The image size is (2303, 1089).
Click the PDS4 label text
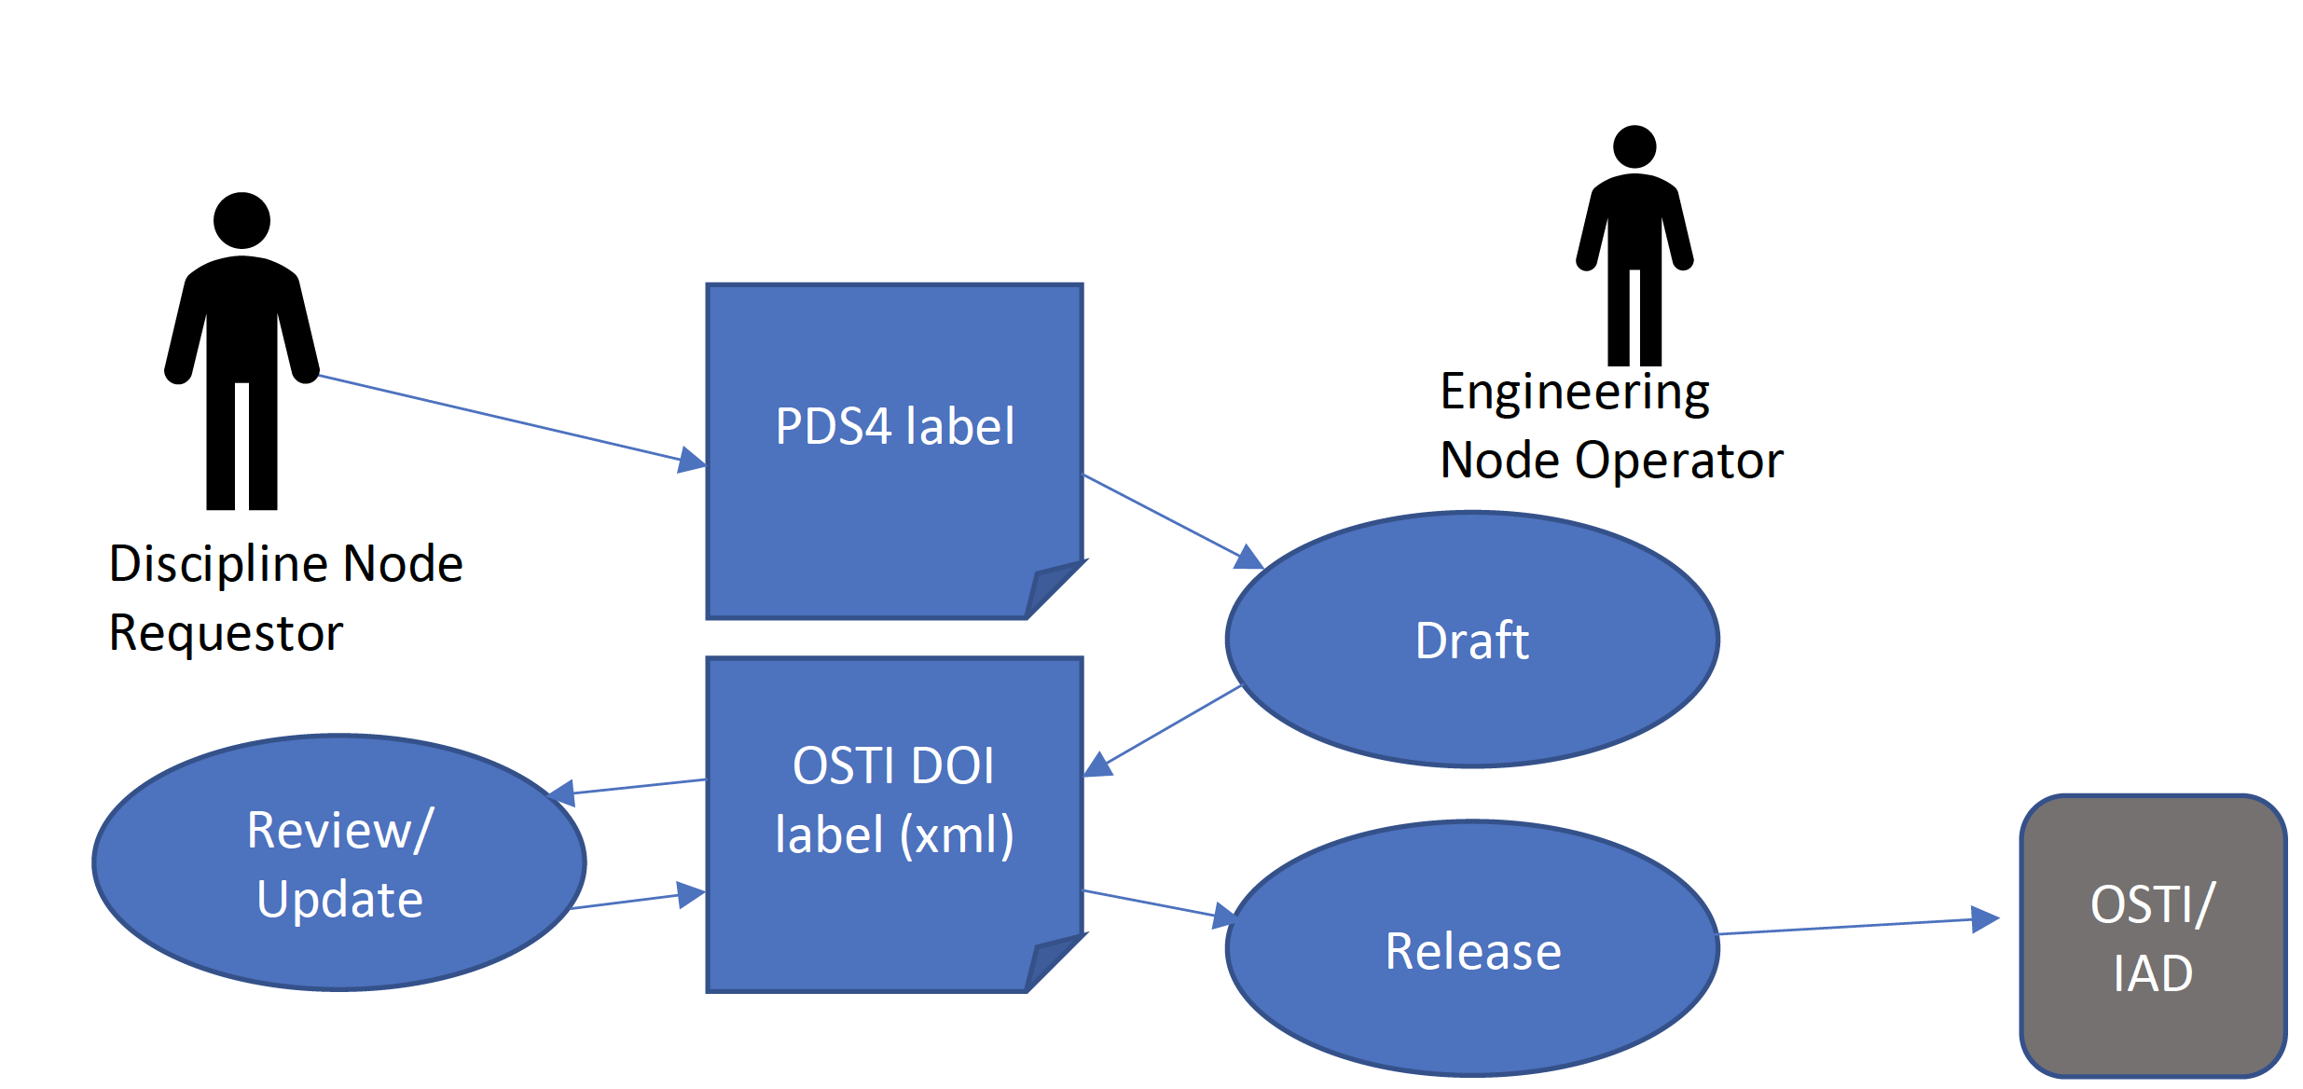coord(894,426)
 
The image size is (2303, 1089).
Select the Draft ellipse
coord(1472,640)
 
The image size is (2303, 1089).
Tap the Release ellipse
coord(1472,950)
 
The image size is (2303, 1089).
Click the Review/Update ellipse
coord(339,863)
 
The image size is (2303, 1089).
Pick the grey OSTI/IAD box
coord(2152,937)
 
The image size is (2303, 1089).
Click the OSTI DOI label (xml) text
coord(894,800)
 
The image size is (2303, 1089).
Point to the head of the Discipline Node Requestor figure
coord(241,221)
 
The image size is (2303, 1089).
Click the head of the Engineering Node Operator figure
coord(1634,147)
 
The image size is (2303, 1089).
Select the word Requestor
coord(226,633)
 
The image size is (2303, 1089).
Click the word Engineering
coord(1575,392)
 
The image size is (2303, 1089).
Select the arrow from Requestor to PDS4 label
coord(503,419)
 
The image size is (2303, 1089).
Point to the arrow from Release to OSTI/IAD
coord(1855,926)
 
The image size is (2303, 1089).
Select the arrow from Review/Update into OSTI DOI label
coord(634,901)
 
